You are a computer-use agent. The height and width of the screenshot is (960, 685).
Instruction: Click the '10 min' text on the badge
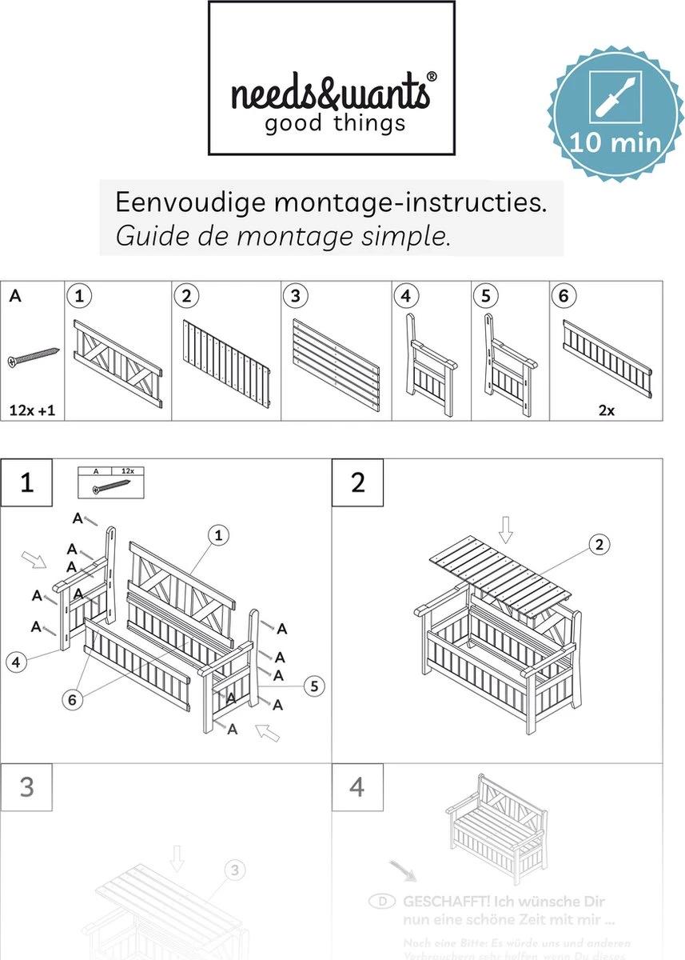615,142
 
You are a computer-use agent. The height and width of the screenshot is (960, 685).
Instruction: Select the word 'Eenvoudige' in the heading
189,202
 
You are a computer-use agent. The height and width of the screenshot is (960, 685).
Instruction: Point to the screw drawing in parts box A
35,357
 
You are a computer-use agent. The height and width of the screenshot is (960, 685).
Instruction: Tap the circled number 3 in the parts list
296,296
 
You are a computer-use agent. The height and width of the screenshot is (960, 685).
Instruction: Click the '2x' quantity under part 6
607,410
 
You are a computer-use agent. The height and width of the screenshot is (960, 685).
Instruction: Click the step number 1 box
26,483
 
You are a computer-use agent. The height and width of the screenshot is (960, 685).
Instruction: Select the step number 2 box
357,483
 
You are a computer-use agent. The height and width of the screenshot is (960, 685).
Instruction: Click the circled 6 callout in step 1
73,698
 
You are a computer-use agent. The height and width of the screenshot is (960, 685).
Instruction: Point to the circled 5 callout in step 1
314,686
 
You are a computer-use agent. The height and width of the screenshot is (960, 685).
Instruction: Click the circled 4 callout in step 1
15,661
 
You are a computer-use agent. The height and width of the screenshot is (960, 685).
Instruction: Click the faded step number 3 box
26,786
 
